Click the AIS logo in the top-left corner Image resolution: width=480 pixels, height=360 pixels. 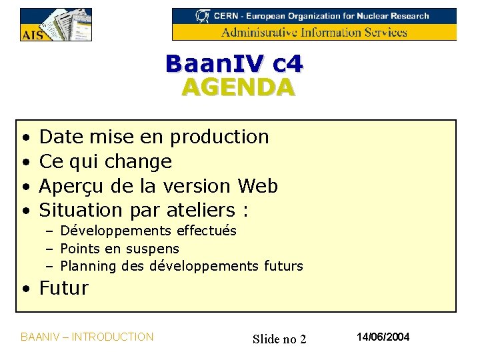pos(55,25)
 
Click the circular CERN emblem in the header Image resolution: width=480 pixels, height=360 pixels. pos(201,15)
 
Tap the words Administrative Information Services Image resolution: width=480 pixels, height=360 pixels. pos(314,32)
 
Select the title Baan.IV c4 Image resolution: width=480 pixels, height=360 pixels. pos(234,63)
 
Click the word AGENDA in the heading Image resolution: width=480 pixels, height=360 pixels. pos(237,87)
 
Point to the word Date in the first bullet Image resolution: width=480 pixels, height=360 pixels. pos(62,137)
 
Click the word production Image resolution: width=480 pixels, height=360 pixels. pos(219,137)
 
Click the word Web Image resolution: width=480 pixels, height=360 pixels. pos(257,185)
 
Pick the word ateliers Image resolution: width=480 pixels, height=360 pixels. pos(199,210)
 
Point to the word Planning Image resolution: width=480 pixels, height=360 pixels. pos(83,267)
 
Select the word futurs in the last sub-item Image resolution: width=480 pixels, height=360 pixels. pos(283,266)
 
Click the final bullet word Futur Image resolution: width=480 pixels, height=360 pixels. pos(64,288)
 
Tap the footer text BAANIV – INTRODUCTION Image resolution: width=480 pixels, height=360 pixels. pos(87,337)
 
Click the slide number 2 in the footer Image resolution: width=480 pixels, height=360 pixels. pos(303,339)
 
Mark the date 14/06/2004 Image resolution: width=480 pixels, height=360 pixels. pos(383,337)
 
